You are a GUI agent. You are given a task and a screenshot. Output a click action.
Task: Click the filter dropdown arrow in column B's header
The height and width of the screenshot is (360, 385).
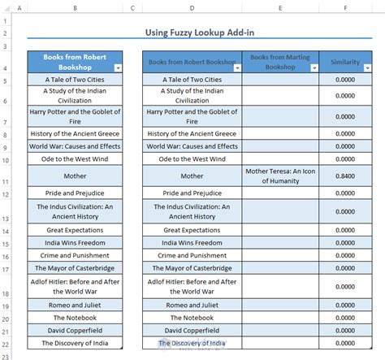[x=118, y=68]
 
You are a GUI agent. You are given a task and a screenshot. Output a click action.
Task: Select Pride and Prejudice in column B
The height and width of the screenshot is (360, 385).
[x=75, y=193]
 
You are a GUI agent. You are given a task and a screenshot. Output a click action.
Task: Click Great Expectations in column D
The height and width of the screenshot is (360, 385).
[x=192, y=230]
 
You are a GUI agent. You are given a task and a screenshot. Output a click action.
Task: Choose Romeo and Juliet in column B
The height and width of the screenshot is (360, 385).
[x=75, y=304]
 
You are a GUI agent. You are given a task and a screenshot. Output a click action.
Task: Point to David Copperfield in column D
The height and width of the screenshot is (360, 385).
[x=192, y=330]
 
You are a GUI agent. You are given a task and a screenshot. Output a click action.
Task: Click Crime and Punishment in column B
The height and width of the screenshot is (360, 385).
[x=75, y=255]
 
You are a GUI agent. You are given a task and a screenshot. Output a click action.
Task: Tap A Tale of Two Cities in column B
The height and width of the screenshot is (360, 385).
[x=75, y=80]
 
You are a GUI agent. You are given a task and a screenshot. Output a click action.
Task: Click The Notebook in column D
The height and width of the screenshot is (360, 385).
[x=192, y=317]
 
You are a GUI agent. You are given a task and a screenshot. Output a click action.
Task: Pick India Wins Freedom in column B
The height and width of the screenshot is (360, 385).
[x=75, y=242]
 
